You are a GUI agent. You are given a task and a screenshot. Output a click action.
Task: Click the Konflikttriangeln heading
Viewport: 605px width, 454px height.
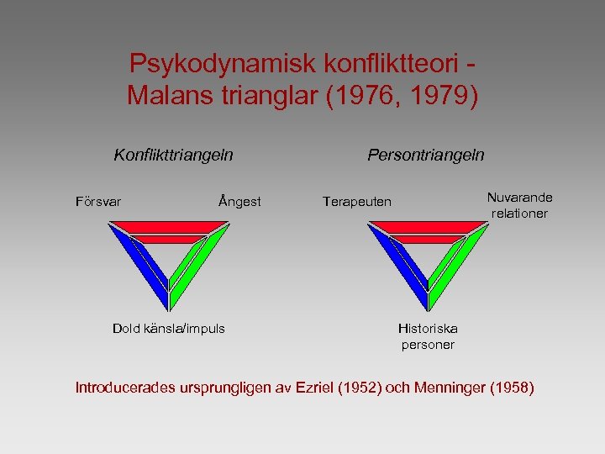click(x=173, y=155)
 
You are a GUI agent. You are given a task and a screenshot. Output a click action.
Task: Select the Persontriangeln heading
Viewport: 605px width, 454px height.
click(x=425, y=155)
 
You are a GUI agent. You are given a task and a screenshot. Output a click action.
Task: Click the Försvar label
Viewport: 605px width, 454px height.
click(x=97, y=202)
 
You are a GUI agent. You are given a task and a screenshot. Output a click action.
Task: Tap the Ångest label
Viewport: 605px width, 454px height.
click(x=239, y=202)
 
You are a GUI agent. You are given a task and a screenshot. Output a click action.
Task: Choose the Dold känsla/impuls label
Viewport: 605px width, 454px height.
click(x=169, y=329)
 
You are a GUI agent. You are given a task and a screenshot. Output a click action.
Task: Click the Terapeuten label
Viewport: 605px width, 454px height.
click(x=357, y=202)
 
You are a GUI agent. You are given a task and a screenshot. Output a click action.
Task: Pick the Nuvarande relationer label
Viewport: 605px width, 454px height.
click(x=519, y=205)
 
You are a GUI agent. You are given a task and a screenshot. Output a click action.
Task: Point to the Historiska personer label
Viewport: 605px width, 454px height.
click(x=428, y=336)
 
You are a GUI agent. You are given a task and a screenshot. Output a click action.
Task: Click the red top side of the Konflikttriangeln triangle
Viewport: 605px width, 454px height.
click(x=168, y=227)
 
